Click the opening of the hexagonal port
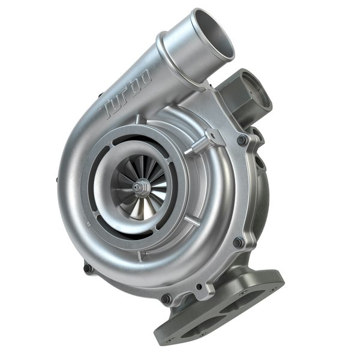[x=251, y=84]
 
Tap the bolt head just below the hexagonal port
[x=242, y=140]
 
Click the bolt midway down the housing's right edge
[x=238, y=242]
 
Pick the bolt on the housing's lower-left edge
[x=88, y=268]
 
